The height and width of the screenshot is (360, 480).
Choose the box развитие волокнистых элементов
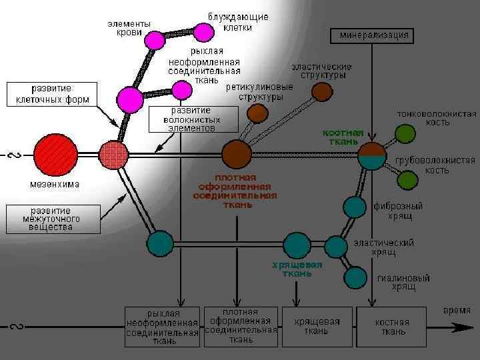(x=193, y=119)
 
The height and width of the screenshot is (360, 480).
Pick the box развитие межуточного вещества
(x=53, y=218)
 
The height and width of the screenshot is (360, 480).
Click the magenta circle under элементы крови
(x=155, y=40)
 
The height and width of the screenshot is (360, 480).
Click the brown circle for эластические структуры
(x=323, y=91)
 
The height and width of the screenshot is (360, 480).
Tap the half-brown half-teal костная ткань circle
(x=371, y=156)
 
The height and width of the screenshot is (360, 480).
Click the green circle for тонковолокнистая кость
(x=405, y=134)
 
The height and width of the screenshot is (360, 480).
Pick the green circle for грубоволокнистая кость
(x=407, y=179)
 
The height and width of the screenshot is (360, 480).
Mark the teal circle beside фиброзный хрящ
(x=355, y=207)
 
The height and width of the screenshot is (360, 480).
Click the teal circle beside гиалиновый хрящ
(x=356, y=277)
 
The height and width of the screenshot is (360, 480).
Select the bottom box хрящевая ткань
(x=317, y=326)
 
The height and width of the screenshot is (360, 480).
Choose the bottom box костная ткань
(x=391, y=326)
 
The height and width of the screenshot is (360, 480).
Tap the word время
(x=457, y=311)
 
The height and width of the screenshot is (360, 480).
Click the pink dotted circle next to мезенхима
(x=113, y=155)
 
